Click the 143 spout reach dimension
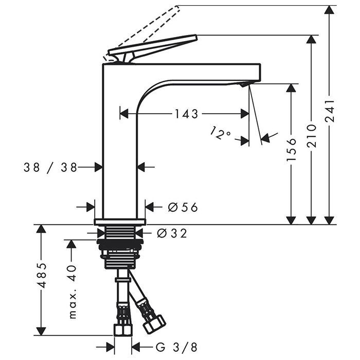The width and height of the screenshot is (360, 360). [x=186, y=114]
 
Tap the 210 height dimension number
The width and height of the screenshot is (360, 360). [x=312, y=136]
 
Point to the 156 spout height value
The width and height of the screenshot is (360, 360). [x=292, y=149]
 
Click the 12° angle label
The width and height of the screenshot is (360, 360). [x=220, y=133]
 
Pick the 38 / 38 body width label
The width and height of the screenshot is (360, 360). [x=50, y=167]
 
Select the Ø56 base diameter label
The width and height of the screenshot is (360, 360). [x=183, y=208]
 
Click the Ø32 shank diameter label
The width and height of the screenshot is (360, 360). [x=172, y=233]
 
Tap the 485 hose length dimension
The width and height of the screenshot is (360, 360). [x=42, y=276]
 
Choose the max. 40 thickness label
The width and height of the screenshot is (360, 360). [x=73, y=292]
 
